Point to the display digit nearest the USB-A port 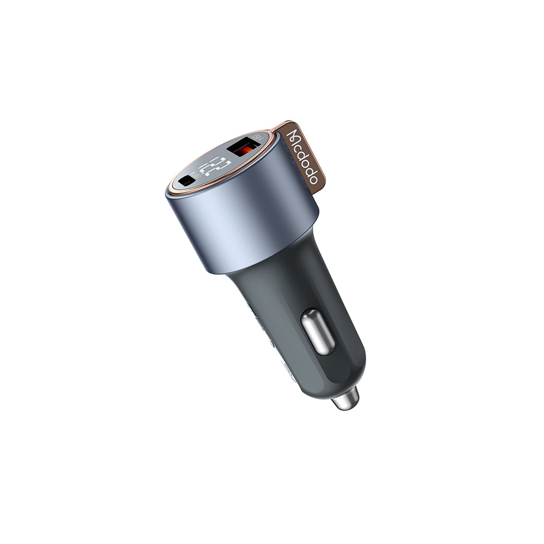[x=222, y=160]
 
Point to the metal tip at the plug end [x=345, y=399]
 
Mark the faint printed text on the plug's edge [x=261, y=326]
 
